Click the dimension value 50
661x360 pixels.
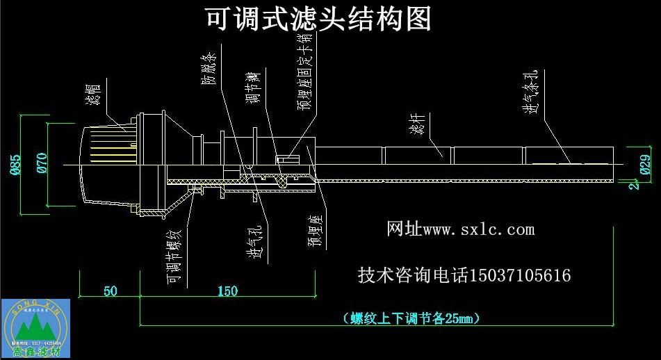click(110, 291)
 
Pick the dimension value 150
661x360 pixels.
click(227, 291)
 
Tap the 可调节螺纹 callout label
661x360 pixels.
click(174, 254)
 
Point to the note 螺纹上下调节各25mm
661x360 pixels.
click(412, 318)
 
